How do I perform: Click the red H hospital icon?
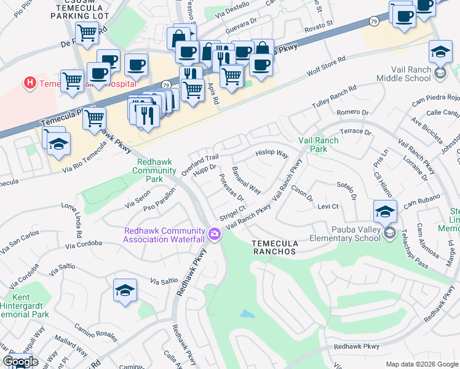pos(29,82)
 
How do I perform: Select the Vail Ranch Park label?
pos(318,145)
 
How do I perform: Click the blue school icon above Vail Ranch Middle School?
pos(440,54)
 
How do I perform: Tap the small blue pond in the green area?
pos(247,314)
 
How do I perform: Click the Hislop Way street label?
pos(272,153)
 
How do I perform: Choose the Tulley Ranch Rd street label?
pos(335,97)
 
